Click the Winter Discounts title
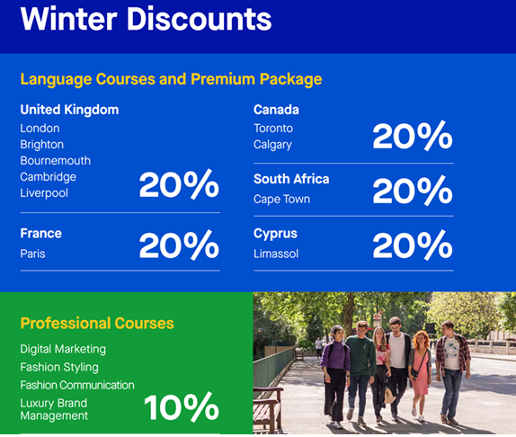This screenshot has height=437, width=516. pyautogui.click(x=147, y=19)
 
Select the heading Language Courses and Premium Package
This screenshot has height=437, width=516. pyautogui.click(x=171, y=79)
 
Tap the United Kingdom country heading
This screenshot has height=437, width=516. pyautogui.click(x=69, y=110)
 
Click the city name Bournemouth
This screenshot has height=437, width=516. pyautogui.click(x=56, y=161)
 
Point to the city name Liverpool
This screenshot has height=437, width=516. pyautogui.click(x=44, y=193)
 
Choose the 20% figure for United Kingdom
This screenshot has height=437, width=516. pyautogui.click(x=179, y=184)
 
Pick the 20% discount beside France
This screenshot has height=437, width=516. pyautogui.click(x=179, y=245)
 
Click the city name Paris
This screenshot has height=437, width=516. pyautogui.click(x=32, y=254)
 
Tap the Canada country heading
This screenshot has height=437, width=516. pyautogui.click(x=276, y=110)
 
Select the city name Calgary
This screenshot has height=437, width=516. pyautogui.click(x=272, y=145)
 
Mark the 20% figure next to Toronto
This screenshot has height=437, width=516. pyautogui.click(x=413, y=136)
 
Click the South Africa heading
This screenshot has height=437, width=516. pyautogui.click(x=291, y=179)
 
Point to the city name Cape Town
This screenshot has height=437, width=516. pyautogui.click(x=281, y=200)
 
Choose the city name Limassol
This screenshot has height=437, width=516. pyautogui.click(x=276, y=254)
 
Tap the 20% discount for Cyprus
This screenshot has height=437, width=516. pyautogui.click(x=413, y=245)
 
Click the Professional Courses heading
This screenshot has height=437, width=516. pyautogui.click(x=97, y=323)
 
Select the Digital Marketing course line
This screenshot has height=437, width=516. pyautogui.click(x=63, y=349)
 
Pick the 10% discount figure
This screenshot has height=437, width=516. pyautogui.click(x=182, y=407)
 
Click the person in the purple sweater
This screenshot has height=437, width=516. pyautogui.click(x=335, y=375)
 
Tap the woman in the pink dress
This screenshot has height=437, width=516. pyautogui.click(x=420, y=375)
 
